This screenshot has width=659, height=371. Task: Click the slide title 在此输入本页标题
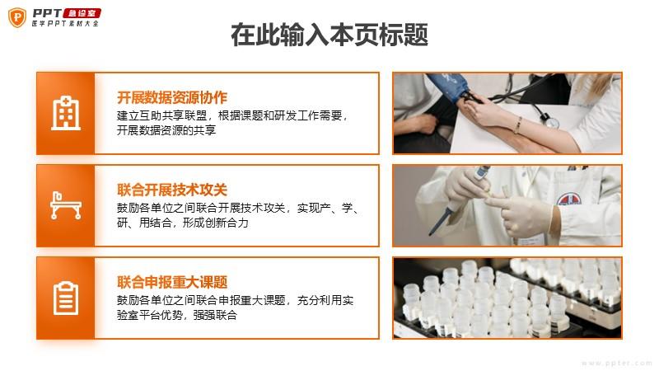[x=329, y=35]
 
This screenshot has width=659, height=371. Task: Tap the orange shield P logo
[x=17, y=17]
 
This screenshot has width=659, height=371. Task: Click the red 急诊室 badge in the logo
[x=82, y=13]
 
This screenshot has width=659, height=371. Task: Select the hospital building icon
[x=66, y=113]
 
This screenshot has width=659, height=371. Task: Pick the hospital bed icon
[x=66, y=205]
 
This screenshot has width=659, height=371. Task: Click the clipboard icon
[x=66, y=298]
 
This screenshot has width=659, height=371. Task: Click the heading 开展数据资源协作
[x=172, y=97]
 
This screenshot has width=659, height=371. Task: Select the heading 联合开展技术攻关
[x=172, y=190]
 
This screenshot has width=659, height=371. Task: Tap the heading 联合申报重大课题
[x=172, y=282]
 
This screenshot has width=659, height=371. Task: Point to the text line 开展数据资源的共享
[x=166, y=130]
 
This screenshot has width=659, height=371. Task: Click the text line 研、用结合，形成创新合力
[x=183, y=223]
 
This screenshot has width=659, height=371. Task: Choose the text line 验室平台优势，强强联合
[x=177, y=315]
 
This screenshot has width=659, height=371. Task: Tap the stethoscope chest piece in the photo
[x=550, y=121]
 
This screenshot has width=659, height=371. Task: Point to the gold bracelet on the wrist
[x=519, y=125]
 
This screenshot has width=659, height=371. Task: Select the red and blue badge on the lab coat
[x=569, y=199]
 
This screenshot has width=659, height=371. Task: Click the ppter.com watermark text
[x=616, y=363]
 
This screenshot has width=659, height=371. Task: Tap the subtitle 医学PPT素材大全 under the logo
[x=65, y=24]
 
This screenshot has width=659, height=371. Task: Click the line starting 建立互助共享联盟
[x=232, y=115]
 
